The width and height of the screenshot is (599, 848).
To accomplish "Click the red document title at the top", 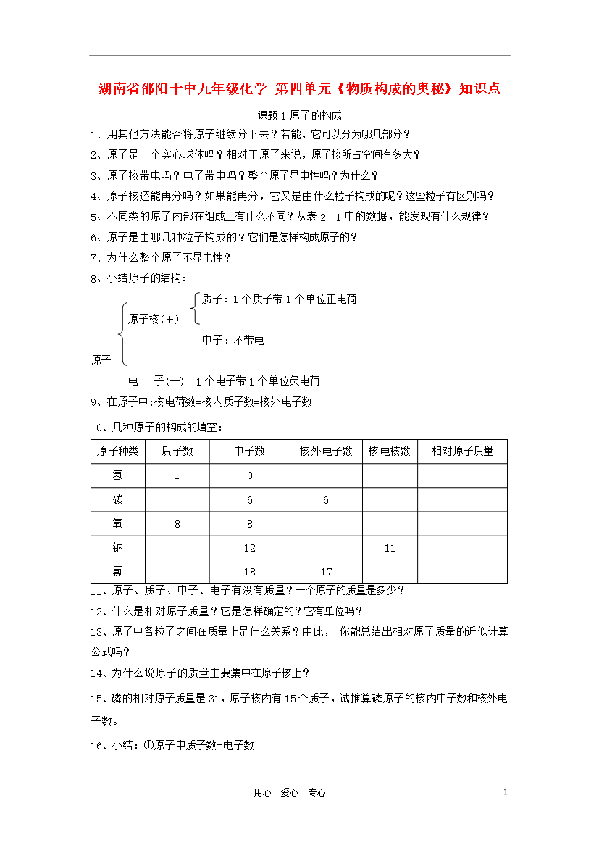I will tap(299, 89).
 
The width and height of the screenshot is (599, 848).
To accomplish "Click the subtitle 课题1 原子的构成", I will tap(299, 115).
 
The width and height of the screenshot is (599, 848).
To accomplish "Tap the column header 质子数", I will tap(177, 451).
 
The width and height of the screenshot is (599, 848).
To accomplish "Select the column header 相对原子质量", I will tap(462, 451).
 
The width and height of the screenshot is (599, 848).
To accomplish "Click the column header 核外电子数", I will tap(326, 451).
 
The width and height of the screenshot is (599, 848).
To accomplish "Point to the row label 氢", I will tap(118, 475).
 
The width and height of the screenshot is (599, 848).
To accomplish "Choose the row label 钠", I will tap(118, 548).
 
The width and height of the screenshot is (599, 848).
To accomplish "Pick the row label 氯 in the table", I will tap(118, 572).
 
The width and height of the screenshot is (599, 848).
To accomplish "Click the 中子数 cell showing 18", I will tap(250, 572).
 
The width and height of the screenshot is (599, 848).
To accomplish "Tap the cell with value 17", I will tap(326, 572).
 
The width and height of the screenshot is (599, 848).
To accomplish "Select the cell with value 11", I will tap(390, 548).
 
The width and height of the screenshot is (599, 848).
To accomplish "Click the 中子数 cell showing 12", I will tap(250, 548).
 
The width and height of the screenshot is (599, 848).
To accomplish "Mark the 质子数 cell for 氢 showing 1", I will tap(177, 475).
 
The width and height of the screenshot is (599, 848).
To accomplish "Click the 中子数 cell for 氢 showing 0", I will tap(250, 475).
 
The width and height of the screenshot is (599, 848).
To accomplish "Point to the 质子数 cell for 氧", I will tap(177, 524).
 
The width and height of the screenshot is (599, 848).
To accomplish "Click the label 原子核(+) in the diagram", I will tap(154, 319).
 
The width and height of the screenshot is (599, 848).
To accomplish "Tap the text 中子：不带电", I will tap(233, 340).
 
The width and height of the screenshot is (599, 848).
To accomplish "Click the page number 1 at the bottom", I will tap(506, 792).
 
